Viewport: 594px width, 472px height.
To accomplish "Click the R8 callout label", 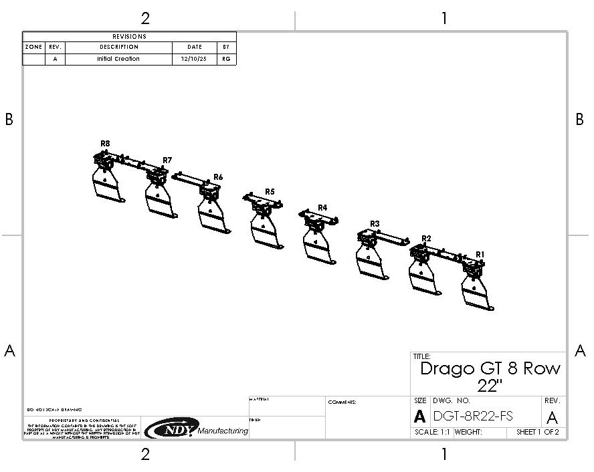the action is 105,143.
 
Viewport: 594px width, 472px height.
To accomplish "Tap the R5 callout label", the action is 270,191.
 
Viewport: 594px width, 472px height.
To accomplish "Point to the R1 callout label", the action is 480,254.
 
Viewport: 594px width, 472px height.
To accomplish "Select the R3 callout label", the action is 375,223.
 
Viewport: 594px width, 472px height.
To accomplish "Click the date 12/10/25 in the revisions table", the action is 194,59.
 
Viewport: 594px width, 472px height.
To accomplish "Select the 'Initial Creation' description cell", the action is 118,59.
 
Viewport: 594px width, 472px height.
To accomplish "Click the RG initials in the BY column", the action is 226,59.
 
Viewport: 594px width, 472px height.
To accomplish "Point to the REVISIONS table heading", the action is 130,37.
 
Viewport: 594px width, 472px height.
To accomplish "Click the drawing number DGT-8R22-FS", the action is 473,416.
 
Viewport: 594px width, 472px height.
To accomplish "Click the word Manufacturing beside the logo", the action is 223,431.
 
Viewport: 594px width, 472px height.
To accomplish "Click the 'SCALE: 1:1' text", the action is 431,433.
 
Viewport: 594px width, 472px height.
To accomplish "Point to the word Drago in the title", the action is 446,368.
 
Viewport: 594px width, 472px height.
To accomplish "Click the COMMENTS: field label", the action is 342,402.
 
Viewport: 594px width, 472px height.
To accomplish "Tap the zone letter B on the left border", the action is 9,119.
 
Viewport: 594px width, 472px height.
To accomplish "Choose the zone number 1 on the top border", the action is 443,18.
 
